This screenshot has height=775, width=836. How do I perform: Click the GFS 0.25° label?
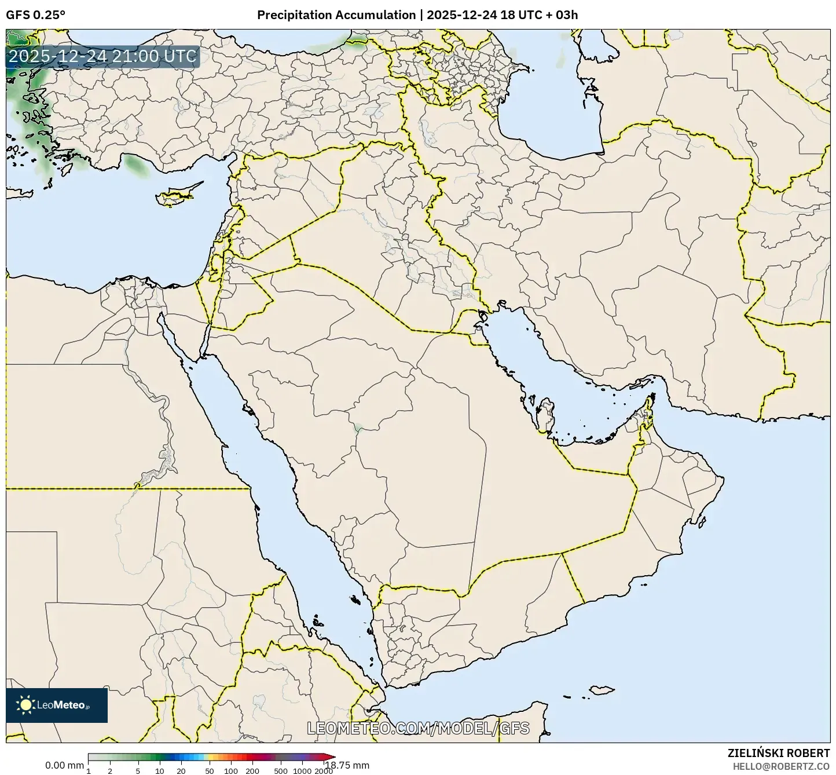[x=35, y=15]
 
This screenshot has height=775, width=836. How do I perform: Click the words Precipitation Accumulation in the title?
[x=336, y=15]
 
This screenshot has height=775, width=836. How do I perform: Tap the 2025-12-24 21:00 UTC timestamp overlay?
[x=102, y=57]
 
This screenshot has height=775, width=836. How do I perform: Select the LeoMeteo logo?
[x=57, y=705]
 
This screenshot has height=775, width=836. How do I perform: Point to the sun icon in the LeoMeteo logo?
[x=25, y=705]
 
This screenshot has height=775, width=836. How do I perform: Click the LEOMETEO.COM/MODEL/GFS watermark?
[x=418, y=728]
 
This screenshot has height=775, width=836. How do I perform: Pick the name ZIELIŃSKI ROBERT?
[x=779, y=753]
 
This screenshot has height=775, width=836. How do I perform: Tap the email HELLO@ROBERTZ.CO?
[x=781, y=766]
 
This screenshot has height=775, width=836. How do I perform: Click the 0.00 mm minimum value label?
[x=64, y=765]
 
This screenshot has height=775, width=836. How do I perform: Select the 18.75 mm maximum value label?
[x=347, y=765]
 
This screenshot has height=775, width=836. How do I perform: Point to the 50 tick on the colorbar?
[x=210, y=771]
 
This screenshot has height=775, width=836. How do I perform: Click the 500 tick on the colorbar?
[x=281, y=771]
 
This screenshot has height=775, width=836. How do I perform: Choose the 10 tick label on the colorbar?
[x=160, y=771]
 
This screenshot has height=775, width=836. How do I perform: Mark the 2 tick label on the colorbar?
[x=110, y=771]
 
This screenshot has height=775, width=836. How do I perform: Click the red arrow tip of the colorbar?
[x=331, y=756]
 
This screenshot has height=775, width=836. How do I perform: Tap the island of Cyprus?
[x=177, y=195]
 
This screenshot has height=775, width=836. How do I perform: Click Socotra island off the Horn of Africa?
[x=602, y=690]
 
